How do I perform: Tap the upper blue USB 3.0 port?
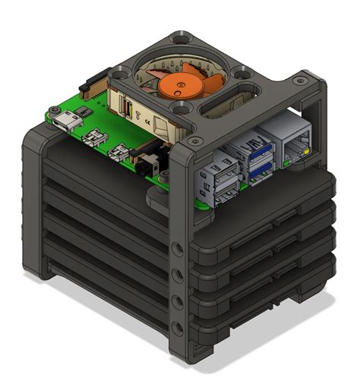coord(257,150)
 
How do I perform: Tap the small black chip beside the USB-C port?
coord(86,112)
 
